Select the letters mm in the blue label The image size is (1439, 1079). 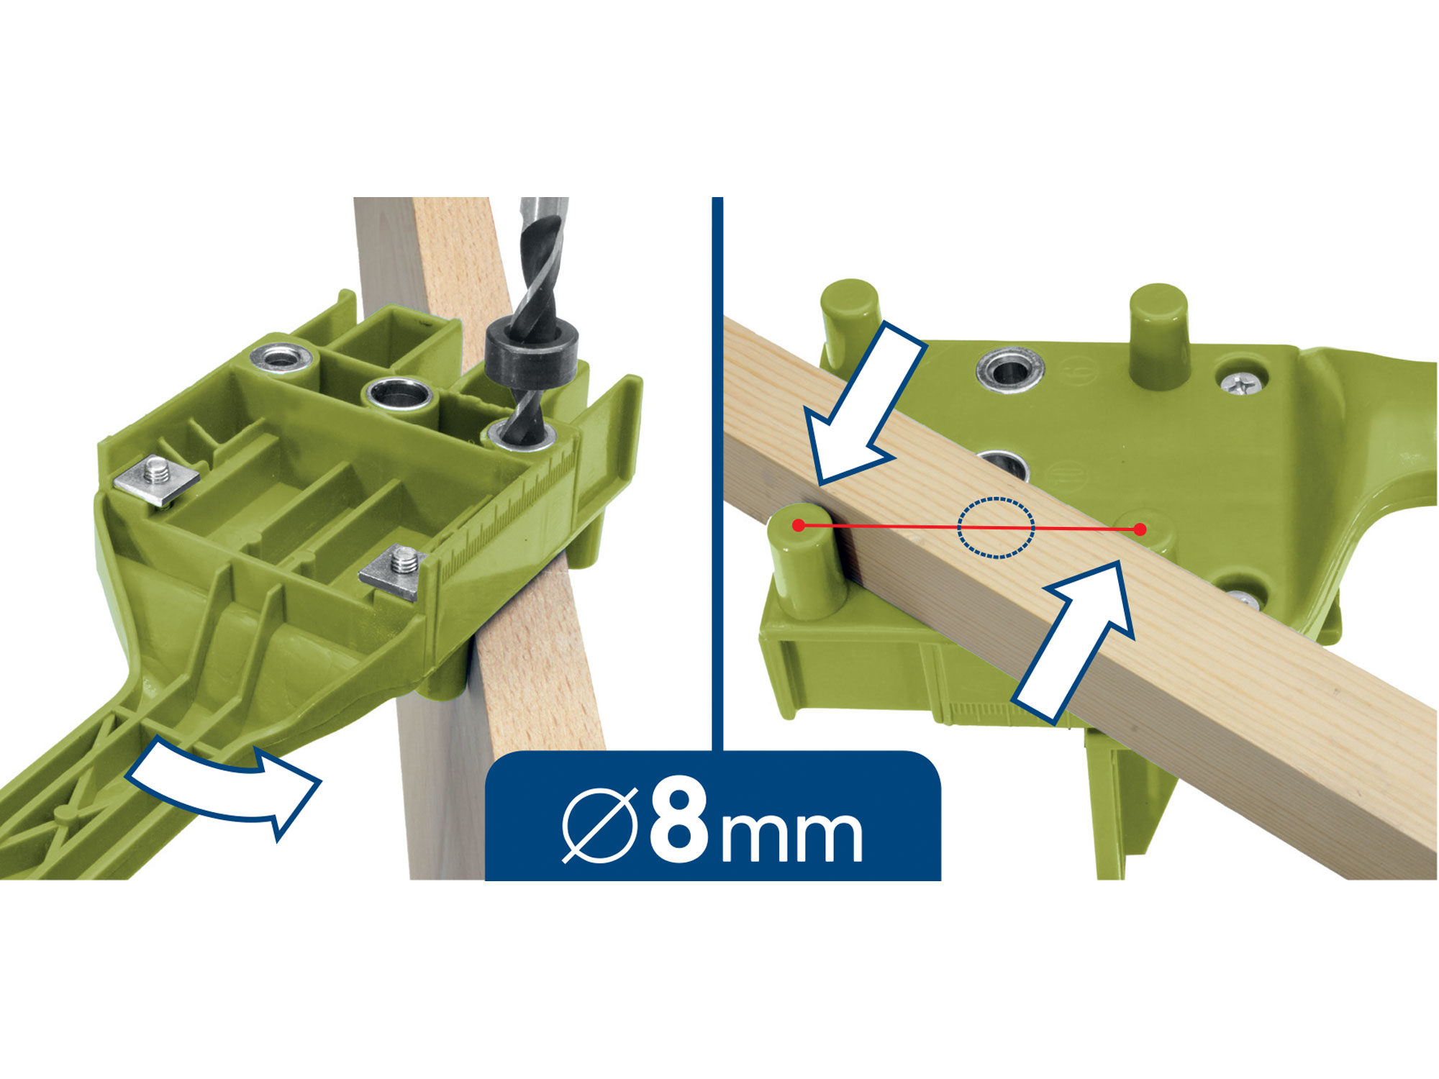(x=791, y=836)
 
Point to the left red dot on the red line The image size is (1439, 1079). (x=798, y=526)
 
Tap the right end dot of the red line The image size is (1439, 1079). (x=1140, y=529)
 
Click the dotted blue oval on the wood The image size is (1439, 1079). (x=996, y=528)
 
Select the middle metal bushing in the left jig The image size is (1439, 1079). (x=399, y=394)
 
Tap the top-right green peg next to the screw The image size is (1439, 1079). (x=1158, y=337)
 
